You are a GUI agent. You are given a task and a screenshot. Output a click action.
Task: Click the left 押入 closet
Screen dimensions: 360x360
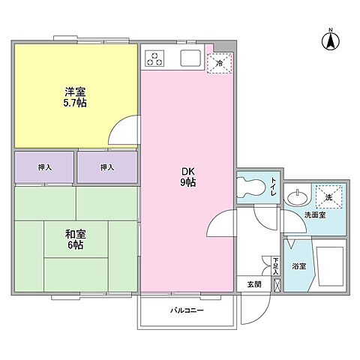[x=44, y=166]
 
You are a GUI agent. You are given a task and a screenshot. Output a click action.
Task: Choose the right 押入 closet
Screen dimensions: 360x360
[x=107, y=166]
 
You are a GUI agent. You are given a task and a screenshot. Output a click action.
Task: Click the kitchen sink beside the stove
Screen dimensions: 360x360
[x=188, y=58]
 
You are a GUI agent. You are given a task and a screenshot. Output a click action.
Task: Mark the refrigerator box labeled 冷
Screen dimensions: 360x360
[x=220, y=63]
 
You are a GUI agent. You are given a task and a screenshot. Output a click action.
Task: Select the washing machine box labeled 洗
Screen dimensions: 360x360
[x=329, y=196]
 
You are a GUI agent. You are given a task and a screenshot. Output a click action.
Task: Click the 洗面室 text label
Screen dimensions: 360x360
[x=315, y=215]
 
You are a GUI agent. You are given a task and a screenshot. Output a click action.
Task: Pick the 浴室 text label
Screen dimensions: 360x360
[x=298, y=265]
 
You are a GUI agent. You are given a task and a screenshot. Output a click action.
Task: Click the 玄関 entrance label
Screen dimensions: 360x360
[x=254, y=284]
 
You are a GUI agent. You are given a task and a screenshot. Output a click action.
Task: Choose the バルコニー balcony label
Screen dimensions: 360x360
[x=186, y=310]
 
